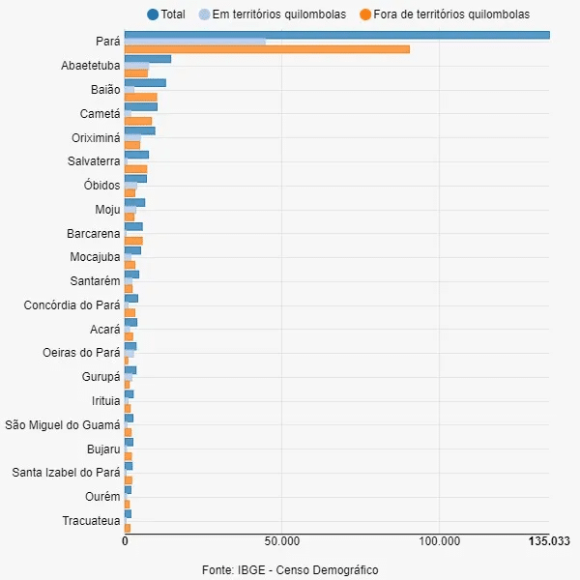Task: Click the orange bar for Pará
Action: pyautogui.click(x=267, y=49)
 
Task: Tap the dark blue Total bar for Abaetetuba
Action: pyautogui.click(x=148, y=59)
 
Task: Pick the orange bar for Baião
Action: pyautogui.click(x=140, y=97)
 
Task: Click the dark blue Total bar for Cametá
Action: pyautogui.click(x=140, y=106)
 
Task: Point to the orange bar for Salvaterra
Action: pyautogui.click(x=135, y=169)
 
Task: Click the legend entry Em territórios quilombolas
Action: pyautogui.click(x=272, y=14)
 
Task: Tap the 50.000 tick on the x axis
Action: pyautogui.click(x=281, y=541)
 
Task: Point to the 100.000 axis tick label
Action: pyautogui.click(x=440, y=541)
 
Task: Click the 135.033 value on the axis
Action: pyautogui.click(x=548, y=541)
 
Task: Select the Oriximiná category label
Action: pyautogui.click(x=96, y=137)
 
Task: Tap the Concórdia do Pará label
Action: pyautogui.click(x=72, y=305)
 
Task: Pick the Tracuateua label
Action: pyautogui.click(x=91, y=521)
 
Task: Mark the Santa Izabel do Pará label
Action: pyautogui.click(x=66, y=473)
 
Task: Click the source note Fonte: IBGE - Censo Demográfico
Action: pyautogui.click(x=290, y=570)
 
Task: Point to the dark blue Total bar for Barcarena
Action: pyautogui.click(x=133, y=226)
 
